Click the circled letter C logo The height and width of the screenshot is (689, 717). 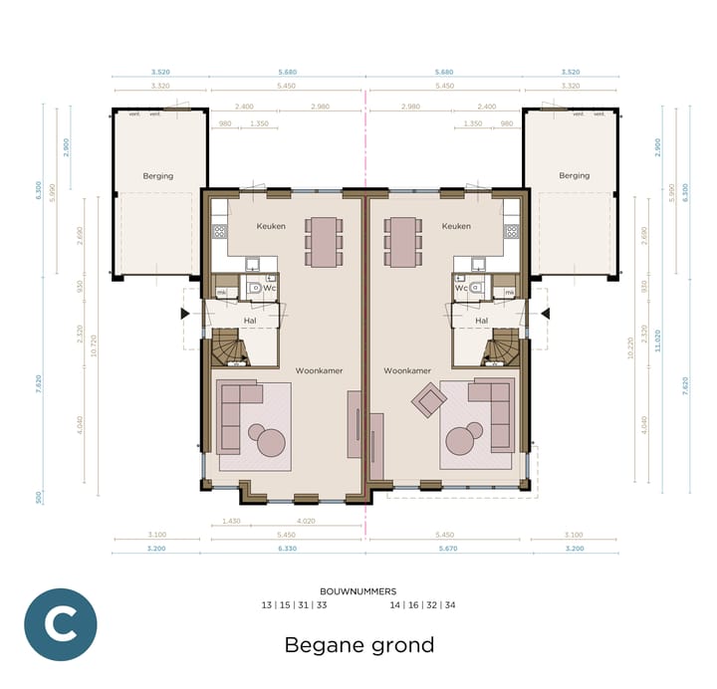click(x=61, y=624)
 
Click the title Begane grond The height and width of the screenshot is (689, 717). click(x=359, y=645)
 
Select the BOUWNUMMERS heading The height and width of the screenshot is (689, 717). click(x=358, y=591)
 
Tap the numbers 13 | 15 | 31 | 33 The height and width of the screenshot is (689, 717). click(x=294, y=605)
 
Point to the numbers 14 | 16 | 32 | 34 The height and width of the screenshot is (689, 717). click(x=422, y=605)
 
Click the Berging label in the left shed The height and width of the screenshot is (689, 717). click(x=157, y=176)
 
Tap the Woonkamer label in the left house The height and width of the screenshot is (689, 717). click(x=319, y=370)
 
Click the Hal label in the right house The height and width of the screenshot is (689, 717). click(x=482, y=321)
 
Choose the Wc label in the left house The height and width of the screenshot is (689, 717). click(x=269, y=288)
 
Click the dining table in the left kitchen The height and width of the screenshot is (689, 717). click(x=324, y=241)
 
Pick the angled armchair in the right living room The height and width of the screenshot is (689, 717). click(x=430, y=401)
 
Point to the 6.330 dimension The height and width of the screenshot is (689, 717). click(x=287, y=549)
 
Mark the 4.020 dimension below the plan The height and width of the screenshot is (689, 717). click(x=307, y=521)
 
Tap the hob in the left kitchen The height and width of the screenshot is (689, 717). click(x=219, y=231)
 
